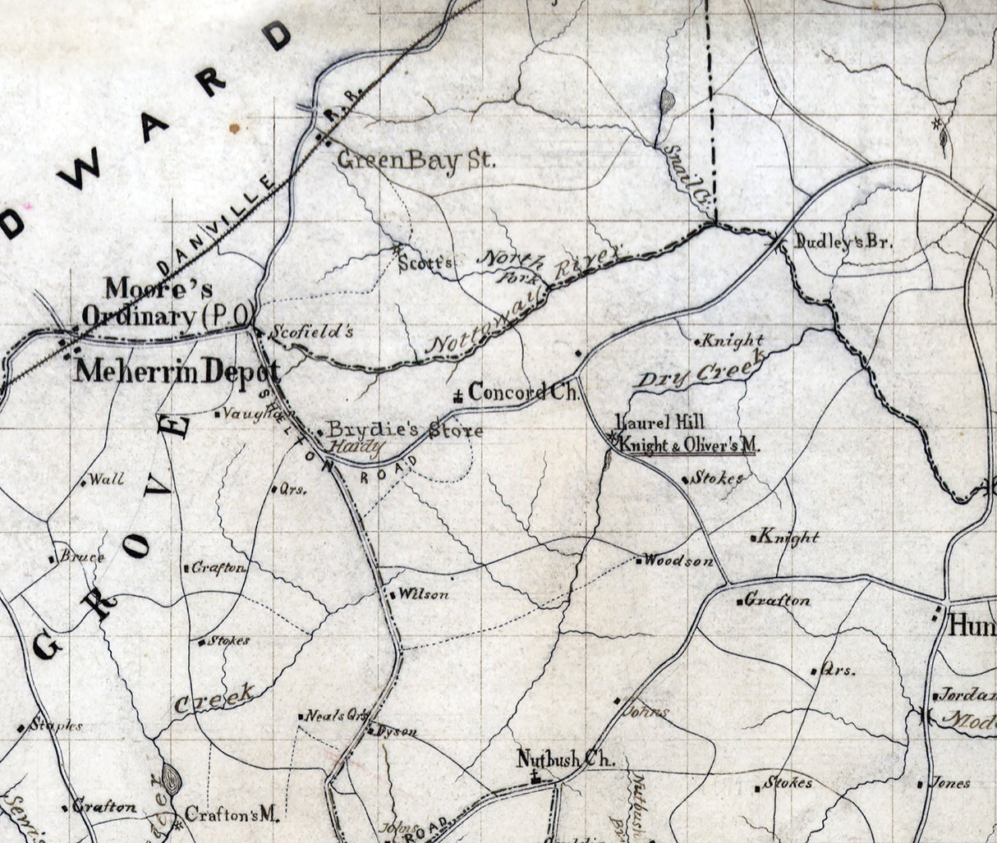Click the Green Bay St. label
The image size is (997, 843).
tap(417, 159)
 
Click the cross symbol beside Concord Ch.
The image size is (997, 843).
tap(457, 396)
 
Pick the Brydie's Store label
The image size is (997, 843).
tap(404, 430)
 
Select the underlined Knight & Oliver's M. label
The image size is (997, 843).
tap(690, 445)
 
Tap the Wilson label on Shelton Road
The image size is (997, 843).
tap(423, 594)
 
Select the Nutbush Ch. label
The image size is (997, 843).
tap(566, 759)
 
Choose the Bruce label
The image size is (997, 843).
tap(82, 557)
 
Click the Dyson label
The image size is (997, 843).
tap(399, 731)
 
